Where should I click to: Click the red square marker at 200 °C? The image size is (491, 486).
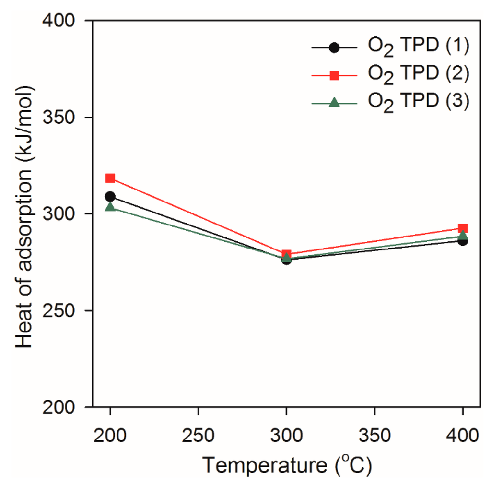coord(110,178)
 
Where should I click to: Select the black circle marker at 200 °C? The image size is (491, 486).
coord(110,196)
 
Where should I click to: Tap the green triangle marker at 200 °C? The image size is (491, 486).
coord(110,207)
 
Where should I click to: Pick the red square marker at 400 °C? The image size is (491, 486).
coord(463,228)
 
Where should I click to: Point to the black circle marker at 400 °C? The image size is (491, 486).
coord(463,240)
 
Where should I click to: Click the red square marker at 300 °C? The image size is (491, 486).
coord(286,254)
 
